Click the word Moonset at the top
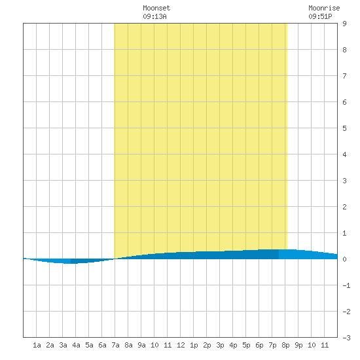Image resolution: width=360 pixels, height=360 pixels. click(x=156, y=8)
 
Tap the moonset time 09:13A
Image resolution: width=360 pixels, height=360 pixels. click(x=154, y=16)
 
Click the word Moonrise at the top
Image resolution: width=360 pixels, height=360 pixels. click(x=324, y=8)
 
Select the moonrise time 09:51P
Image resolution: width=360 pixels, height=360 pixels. click(x=320, y=16)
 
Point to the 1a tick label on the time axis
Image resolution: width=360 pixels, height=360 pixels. click(x=37, y=345)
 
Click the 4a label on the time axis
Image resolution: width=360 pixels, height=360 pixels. click(x=76, y=345)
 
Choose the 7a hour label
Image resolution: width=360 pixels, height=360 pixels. click(x=115, y=345)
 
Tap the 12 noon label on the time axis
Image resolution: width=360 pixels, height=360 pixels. click(x=181, y=345)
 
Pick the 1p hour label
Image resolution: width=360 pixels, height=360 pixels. click(x=194, y=345)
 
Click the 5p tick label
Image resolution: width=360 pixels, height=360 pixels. click(x=246, y=345)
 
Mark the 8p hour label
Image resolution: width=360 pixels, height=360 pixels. click(x=285, y=345)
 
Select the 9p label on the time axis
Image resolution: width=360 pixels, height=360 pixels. click(x=298, y=345)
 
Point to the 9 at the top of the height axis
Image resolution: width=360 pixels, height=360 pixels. click(x=344, y=24)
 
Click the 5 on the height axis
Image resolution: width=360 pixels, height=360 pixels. click(x=344, y=128)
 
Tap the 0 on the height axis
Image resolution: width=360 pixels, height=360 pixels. click(x=344, y=259)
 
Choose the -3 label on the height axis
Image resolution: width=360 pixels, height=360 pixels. click(x=346, y=338)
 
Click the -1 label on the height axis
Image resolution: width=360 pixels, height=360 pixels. click(x=346, y=285)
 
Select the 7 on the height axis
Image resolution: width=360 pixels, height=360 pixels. click(x=344, y=76)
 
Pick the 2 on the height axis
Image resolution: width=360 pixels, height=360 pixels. click(x=344, y=207)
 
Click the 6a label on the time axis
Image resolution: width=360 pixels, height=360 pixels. click(x=102, y=345)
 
